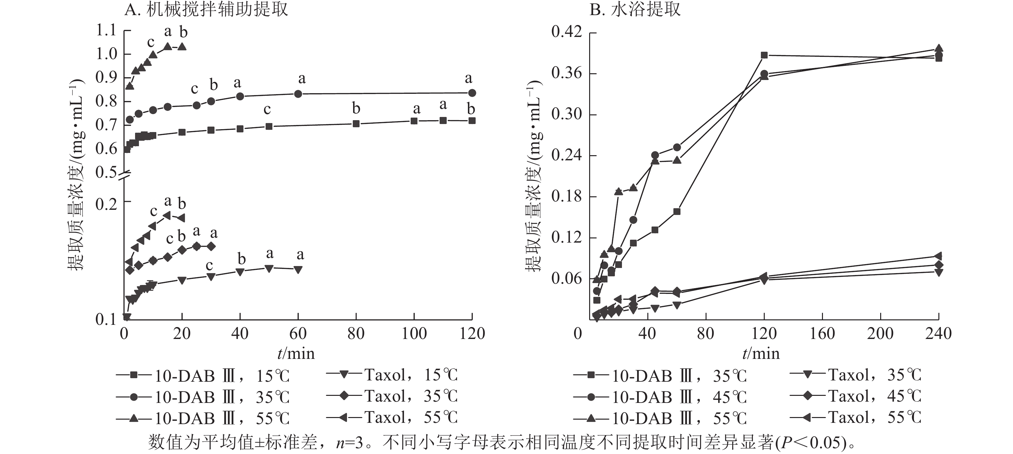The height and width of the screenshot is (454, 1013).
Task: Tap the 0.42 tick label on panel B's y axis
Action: [x=566, y=32]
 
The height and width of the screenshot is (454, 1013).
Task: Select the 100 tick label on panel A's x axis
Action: [x=414, y=334]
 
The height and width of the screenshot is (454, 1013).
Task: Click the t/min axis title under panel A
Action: [x=296, y=354]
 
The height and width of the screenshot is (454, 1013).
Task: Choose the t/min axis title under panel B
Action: [x=761, y=354]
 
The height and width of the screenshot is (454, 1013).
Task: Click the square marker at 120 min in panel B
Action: [x=764, y=55]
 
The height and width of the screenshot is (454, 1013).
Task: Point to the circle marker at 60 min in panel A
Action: [x=298, y=94]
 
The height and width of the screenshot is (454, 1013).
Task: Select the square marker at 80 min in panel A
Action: [x=356, y=124]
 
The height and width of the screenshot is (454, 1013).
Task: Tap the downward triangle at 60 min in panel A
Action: [x=298, y=270]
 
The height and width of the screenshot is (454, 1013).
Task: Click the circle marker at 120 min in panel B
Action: [x=764, y=74]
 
